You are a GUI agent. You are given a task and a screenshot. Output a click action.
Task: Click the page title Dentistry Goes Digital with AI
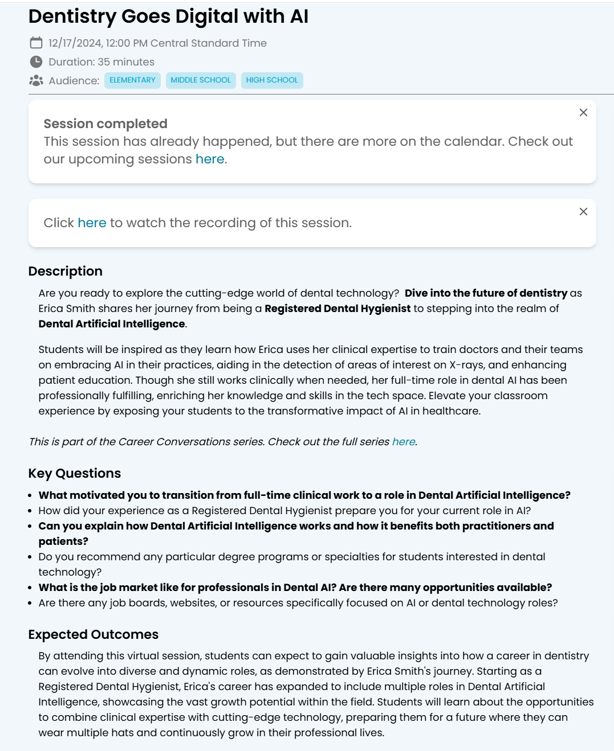tap(168, 17)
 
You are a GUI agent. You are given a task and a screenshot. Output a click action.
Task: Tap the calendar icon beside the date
tap(36, 43)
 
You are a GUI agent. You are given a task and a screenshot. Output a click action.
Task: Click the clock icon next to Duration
tap(36, 61)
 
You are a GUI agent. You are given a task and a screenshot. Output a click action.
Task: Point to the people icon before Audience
tap(36, 80)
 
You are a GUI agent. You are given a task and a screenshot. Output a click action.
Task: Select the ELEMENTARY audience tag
tap(132, 80)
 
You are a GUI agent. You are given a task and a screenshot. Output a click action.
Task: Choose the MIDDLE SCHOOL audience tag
tap(201, 80)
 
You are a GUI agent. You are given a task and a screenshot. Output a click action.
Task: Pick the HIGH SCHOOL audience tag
tap(272, 80)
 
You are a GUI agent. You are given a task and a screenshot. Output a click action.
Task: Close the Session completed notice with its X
tap(583, 113)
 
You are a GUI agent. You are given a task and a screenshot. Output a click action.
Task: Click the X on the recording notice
tap(583, 212)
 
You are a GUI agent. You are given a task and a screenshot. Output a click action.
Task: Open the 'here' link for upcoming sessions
tap(210, 159)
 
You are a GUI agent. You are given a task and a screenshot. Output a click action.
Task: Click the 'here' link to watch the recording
tap(92, 223)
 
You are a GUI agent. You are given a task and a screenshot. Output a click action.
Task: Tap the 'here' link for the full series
tap(404, 442)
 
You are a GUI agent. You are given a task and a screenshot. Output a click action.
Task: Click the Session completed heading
tap(105, 124)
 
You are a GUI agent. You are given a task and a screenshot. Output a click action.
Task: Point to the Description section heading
tap(66, 271)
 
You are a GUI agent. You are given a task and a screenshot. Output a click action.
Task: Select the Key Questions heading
tap(75, 473)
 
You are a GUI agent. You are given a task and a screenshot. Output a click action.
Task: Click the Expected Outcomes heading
tap(93, 634)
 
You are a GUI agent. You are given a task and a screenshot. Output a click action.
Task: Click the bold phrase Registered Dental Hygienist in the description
tap(338, 309)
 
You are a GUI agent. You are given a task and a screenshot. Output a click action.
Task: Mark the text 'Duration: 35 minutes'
tap(101, 62)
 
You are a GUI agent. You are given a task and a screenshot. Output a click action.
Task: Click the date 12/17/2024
tap(75, 43)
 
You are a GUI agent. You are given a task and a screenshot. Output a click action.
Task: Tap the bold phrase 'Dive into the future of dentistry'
tap(486, 293)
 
